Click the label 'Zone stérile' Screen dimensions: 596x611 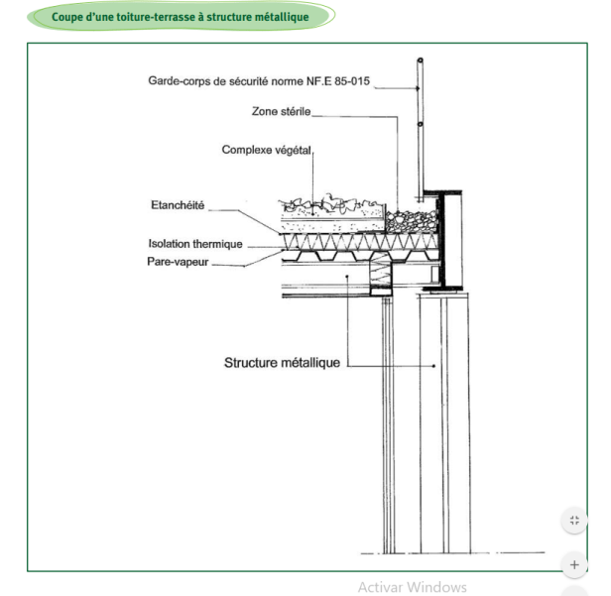tap(282, 113)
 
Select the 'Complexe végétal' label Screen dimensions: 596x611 tap(266, 150)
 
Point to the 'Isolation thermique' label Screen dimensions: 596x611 tap(195, 244)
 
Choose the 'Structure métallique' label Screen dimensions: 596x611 tap(282, 363)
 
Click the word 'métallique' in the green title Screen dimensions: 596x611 tap(295, 17)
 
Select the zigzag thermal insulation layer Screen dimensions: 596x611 tap(347, 242)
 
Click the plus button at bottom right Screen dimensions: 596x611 tap(574, 564)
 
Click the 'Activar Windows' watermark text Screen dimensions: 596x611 tap(412, 587)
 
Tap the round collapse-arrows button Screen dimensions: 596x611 tap(574, 520)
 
